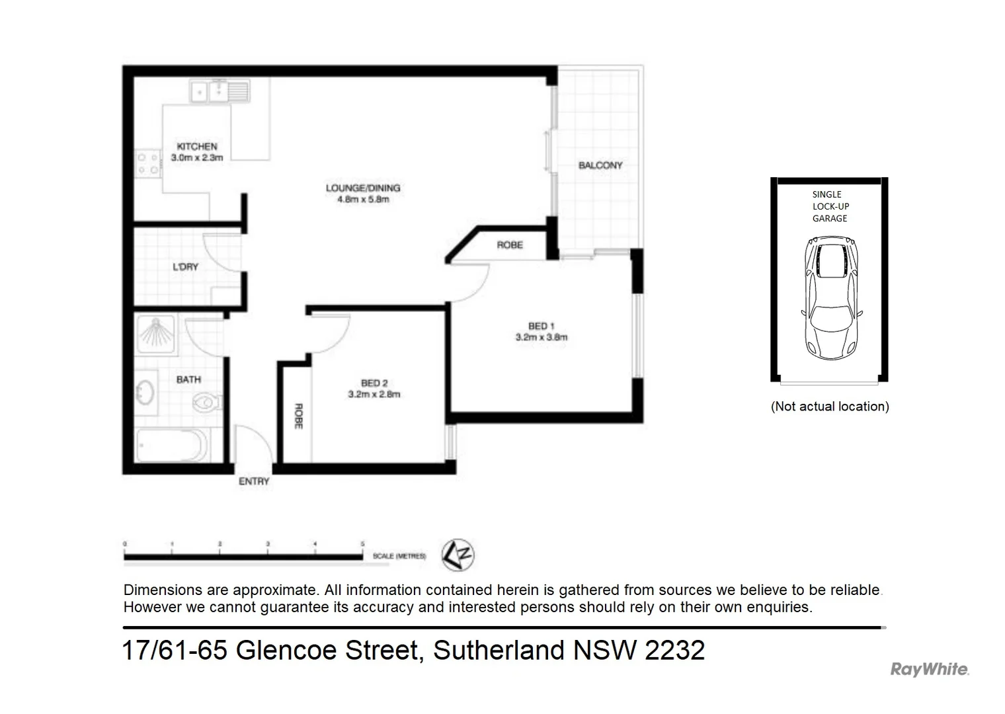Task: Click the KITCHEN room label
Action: [x=196, y=147]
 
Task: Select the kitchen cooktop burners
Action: [x=147, y=164]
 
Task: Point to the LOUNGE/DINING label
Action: [x=362, y=188]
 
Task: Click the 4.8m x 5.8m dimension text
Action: [x=362, y=199]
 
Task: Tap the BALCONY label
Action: [x=600, y=165]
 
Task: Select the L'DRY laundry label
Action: [x=185, y=267]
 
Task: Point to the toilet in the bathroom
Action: [x=208, y=401]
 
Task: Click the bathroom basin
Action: [x=145, y=392]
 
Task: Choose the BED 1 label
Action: [x=541, y=326]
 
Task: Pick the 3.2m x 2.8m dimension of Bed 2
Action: [x=374, y=395]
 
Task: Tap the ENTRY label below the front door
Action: [x=254, y=482]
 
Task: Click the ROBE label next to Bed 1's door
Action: [x=510, y=245]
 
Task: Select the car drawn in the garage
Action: [x=831, y=297]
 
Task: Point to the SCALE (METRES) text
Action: [x=399, y=557]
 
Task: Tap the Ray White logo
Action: [x=929, y=669]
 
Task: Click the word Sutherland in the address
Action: [x=499, y=651]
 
